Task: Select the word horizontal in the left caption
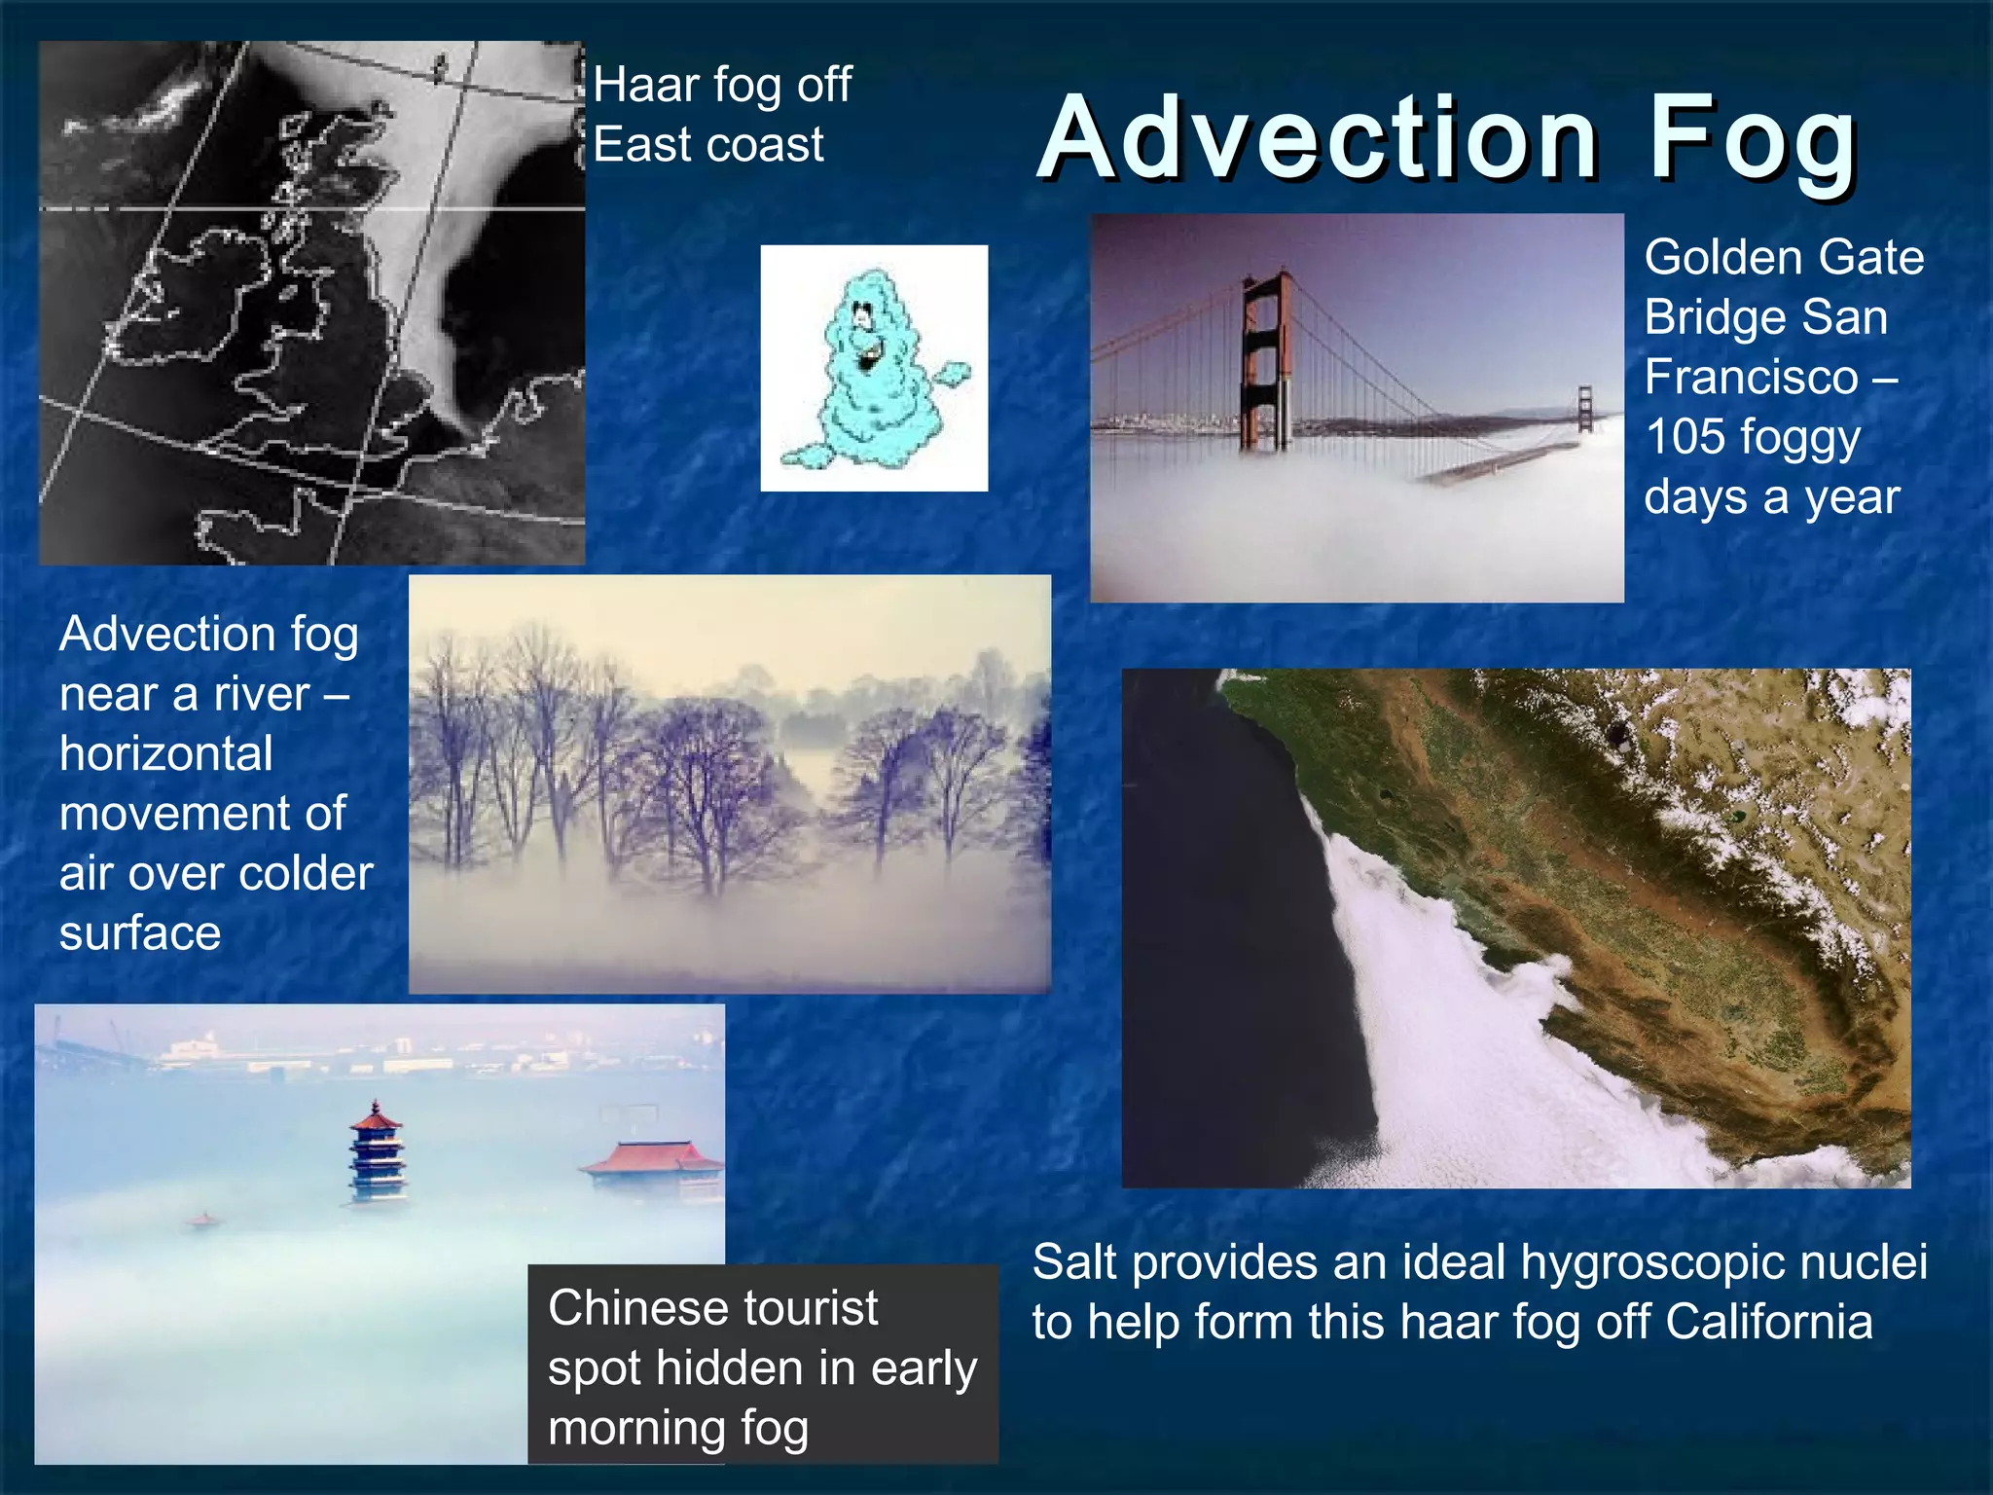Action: [166, 754]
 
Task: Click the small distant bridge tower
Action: [1584, 409]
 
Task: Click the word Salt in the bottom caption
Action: [1073, 1263]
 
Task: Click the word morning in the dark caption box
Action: [636, 1430]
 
